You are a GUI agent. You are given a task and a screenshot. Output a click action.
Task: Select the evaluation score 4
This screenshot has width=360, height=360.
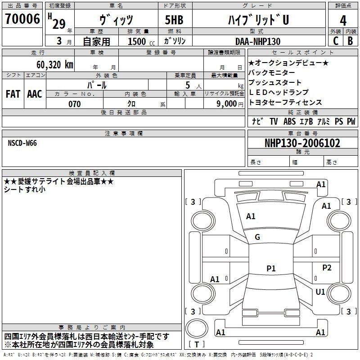pyautogui.click(x=343, y=20)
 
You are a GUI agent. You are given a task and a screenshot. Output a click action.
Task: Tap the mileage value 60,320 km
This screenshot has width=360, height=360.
pyautogui.click(x=50, y=64)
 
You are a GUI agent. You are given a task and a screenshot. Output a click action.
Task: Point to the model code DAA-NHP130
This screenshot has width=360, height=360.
pyautogui.click(x=257, y=41)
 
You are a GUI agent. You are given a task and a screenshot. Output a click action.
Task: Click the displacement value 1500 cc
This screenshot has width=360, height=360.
pyautogui.click(x=137, y=41)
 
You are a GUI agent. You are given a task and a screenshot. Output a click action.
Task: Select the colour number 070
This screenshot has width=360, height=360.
pyautogui.click(x=75, y=104)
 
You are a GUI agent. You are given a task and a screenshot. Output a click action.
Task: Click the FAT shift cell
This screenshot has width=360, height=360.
pyautogui.click(x=13, y=94)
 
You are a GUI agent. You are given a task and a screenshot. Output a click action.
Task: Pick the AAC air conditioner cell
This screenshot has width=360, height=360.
pyautogui.click(x=35, y=94)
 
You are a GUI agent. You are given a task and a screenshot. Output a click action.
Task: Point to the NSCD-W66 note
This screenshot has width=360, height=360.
pyautogui.click(x=22, y=143)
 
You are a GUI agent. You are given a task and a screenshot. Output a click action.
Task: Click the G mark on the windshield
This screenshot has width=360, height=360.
pyautogui.click(x=257, y=237)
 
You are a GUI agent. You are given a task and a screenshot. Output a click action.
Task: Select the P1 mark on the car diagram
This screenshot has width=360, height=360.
pyautogui.click(x=271, y=269)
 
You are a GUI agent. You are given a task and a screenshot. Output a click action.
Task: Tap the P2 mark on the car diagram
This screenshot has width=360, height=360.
pyautogui.click(x=327, y=268)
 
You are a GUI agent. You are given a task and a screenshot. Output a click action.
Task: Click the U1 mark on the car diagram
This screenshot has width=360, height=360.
pyautogui.click(x=320, y=292)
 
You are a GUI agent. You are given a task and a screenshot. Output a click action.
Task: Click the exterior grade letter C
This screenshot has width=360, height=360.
pyautogui.click(x=336, y=41)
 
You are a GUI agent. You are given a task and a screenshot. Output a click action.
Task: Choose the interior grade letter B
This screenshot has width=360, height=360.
pyautogui.click(x=350, y=41)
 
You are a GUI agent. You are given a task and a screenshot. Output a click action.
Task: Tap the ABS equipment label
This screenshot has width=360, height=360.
pyautogui.click(x=289, y=121)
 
